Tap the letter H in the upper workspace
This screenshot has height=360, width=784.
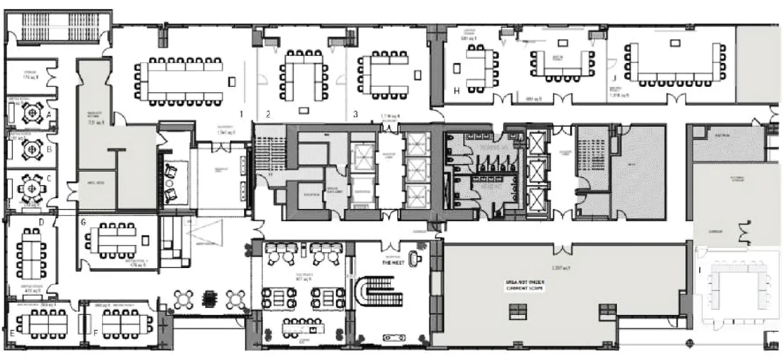(x=456, y=91)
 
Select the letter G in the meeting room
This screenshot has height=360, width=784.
(x=84, y=223)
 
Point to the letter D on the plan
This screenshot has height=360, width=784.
(x=41, y=222)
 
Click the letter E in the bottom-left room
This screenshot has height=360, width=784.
(x=13, y=333)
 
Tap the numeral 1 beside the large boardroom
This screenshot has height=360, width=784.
(x=241, y=114)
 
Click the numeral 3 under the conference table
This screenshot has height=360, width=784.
(x=355, y=114)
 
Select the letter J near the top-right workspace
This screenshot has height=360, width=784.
(x=615, y=62)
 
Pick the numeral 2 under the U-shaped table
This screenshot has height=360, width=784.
(x=268, y=114)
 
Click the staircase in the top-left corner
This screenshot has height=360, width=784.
(x=58, y=30)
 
